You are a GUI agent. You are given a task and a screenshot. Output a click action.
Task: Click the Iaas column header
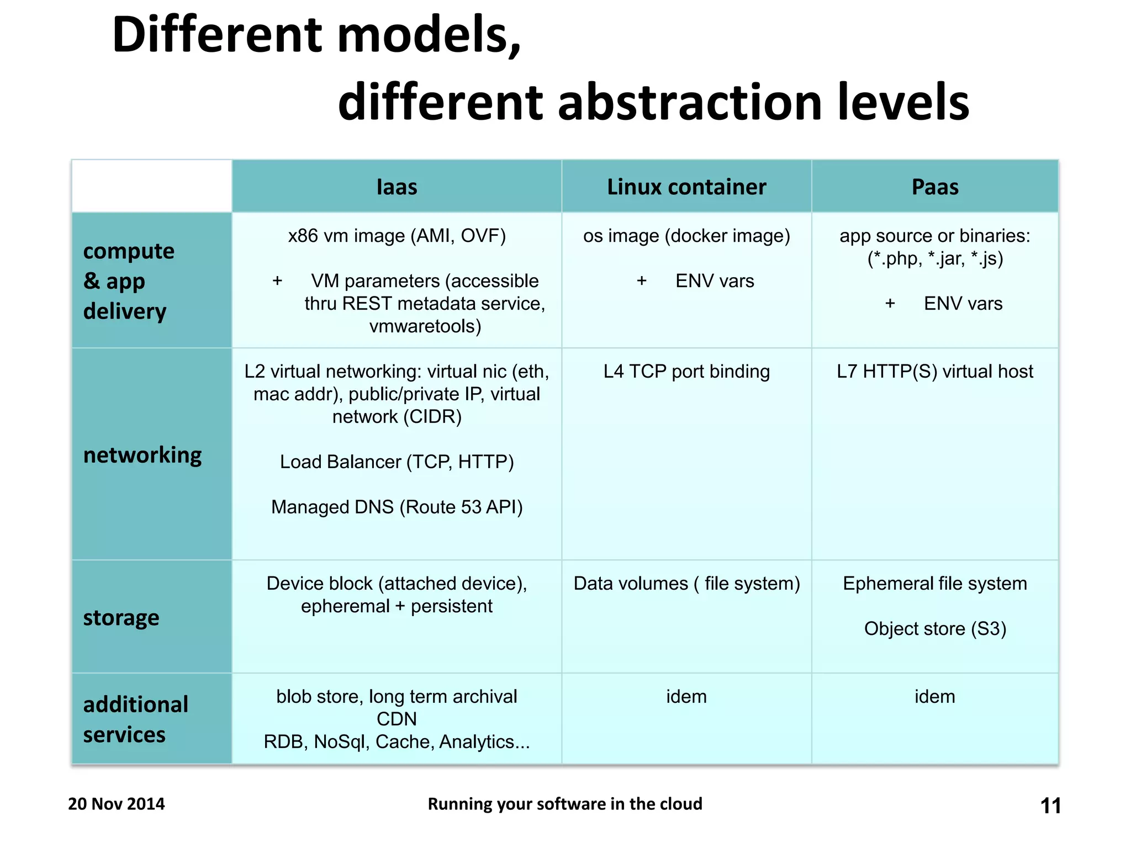[x=397, y=187]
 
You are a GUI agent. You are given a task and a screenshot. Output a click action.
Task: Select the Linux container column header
[x=686, y=187]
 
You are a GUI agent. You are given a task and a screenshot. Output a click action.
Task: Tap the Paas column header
[x=935, y=187]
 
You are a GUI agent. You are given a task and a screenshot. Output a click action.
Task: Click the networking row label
[x=142, y=455]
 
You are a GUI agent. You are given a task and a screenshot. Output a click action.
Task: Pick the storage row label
[x=121, y=618]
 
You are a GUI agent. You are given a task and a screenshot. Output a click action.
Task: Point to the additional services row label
[x=135, y=719]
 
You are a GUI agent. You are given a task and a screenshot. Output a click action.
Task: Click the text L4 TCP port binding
[x=686, y=372]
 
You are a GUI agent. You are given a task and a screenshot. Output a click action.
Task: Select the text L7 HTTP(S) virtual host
[x=935, y=372]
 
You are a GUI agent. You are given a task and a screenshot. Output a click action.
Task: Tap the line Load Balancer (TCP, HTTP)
[x=397, y=462]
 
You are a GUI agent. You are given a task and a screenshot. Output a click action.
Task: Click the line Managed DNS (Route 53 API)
[x=397, y=507]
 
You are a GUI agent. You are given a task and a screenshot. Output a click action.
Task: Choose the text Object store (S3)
[x=935, y=629]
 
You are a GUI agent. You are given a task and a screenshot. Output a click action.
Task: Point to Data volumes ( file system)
[x=686, y=584]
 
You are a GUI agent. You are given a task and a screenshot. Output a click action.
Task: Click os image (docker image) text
[x=686, y=236]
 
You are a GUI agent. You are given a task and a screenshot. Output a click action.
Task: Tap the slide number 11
[x=1050, y=806]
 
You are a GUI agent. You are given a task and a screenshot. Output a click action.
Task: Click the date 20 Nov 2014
[x=117, y=804]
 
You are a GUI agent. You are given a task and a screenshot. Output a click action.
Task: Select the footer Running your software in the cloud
[x=565, y=804]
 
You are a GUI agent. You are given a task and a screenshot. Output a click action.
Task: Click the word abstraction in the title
[x=690, y=103]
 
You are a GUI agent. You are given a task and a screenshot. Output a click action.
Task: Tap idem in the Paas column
[x=935, y=697]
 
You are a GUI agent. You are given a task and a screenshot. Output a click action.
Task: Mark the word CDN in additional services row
[x=397, y=719]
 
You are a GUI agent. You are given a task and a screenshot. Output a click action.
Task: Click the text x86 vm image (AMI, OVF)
[x=397, y=236]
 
